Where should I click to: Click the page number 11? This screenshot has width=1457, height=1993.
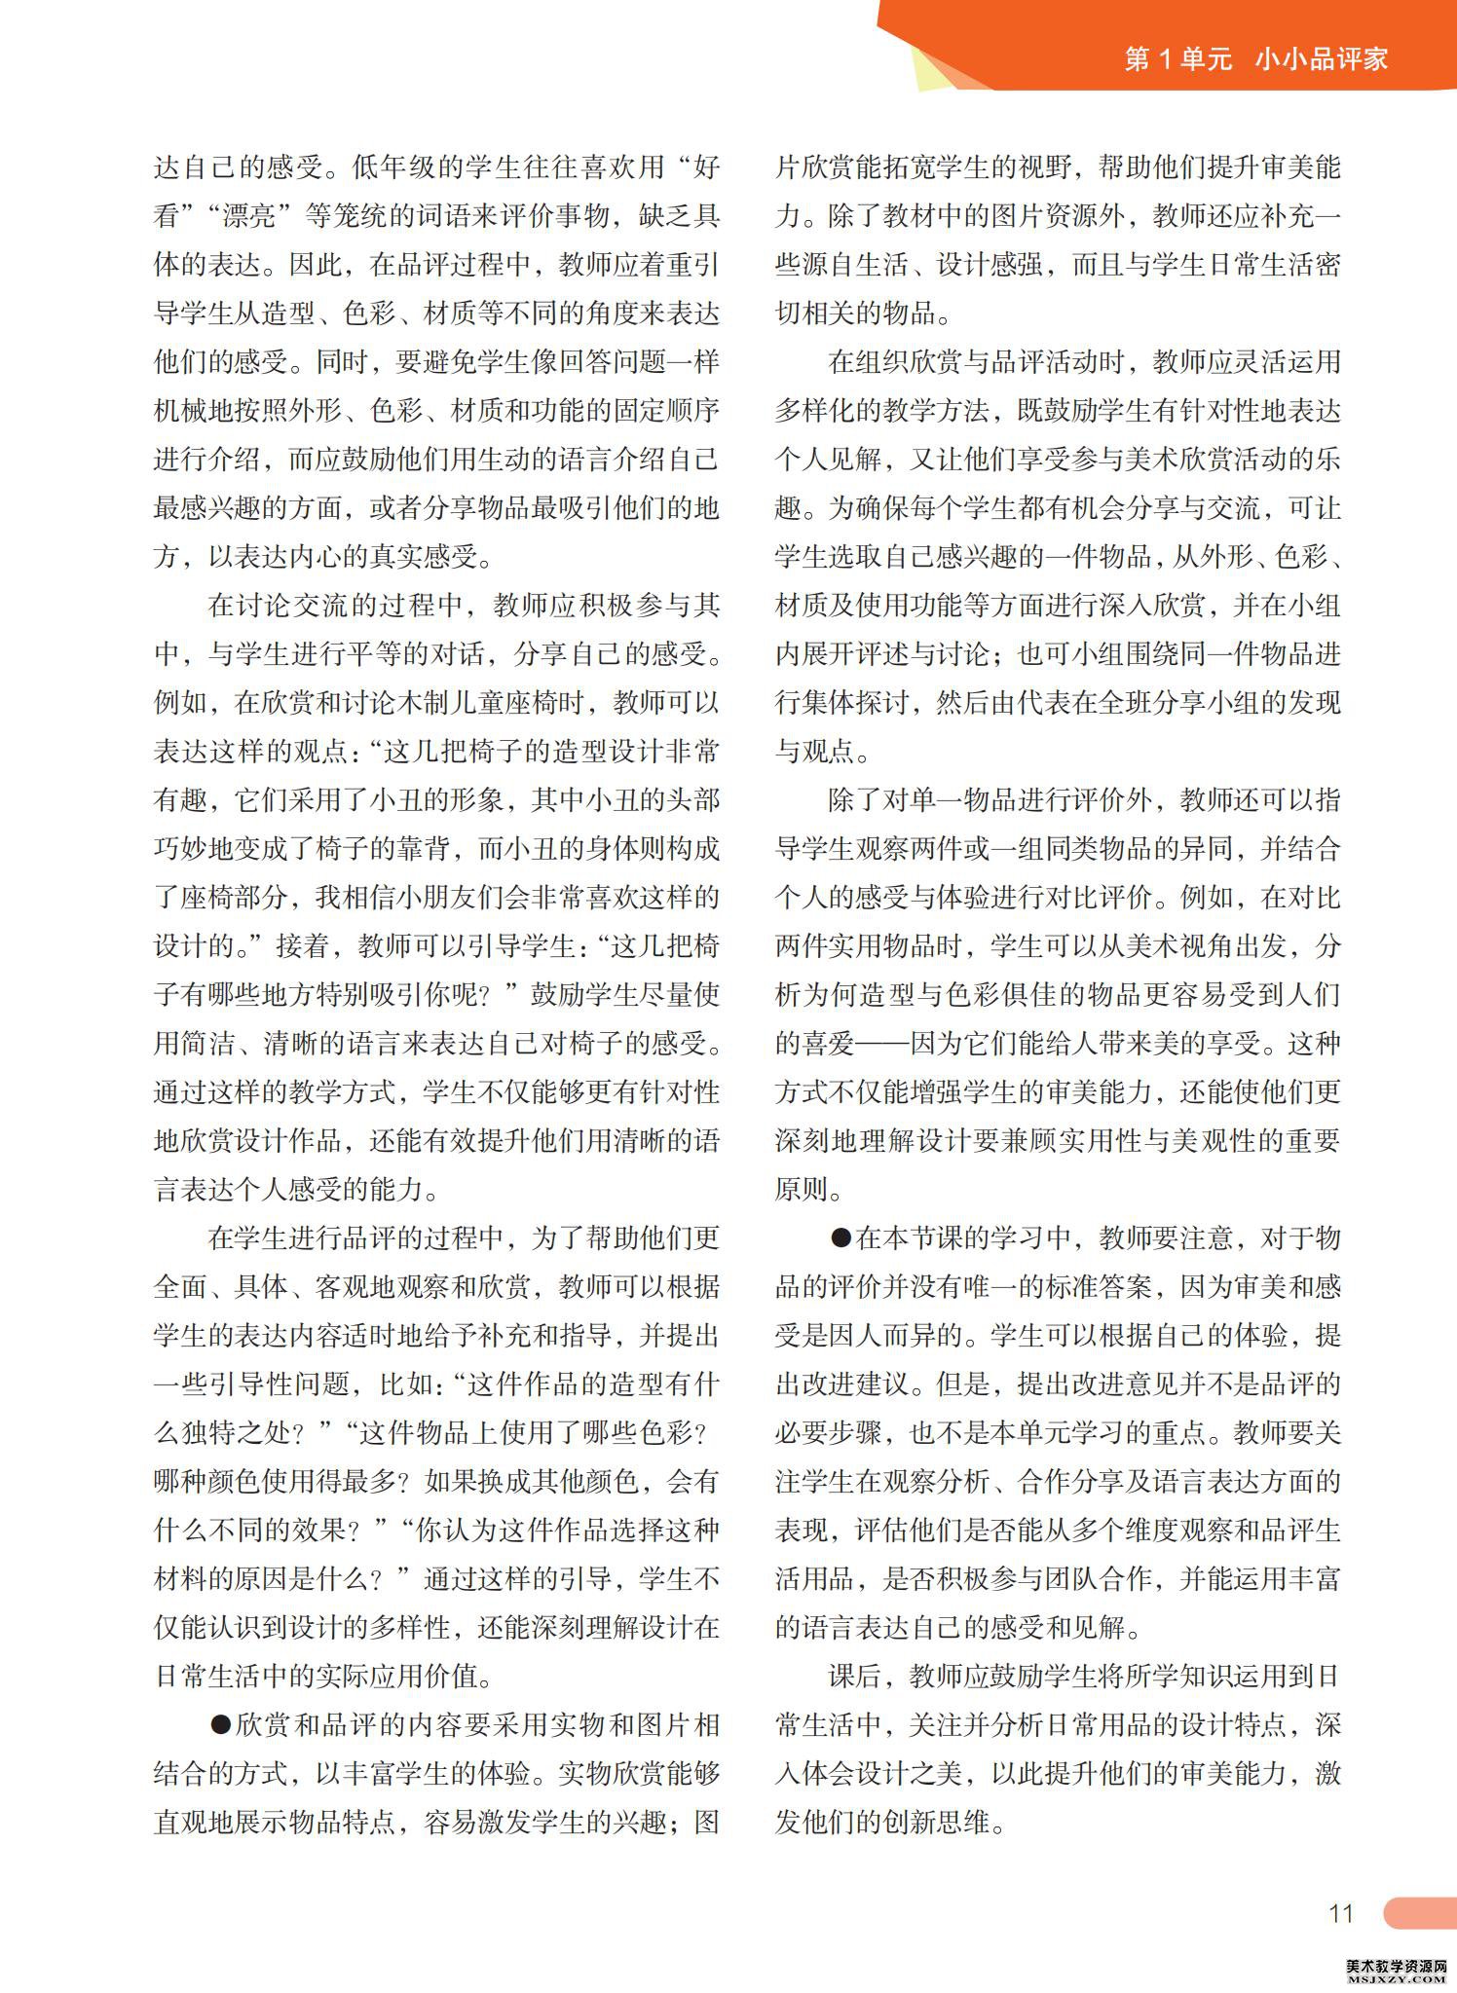[x=1341, y=1913]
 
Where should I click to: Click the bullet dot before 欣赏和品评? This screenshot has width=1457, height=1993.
[x=221, y=1725]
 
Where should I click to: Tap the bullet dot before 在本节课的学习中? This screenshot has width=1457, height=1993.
[x=841, y=1238]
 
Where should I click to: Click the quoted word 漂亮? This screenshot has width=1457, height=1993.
[x=248, y=216]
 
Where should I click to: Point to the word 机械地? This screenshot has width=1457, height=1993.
[x=194, y=411]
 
